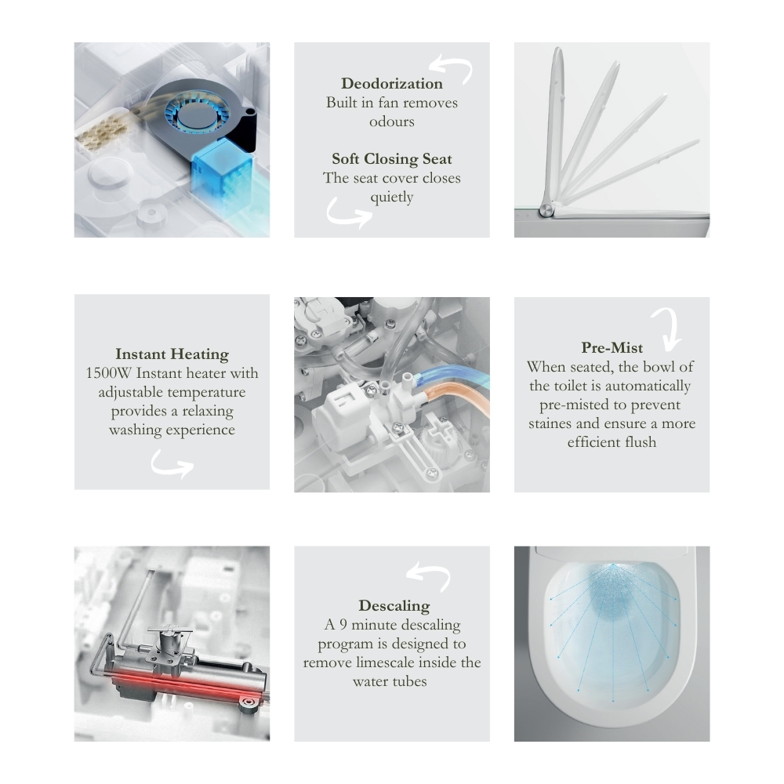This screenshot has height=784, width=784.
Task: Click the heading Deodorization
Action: (391, 84)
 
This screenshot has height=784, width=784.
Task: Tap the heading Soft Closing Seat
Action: (391, 159)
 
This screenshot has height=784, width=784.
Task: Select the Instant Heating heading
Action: (172, 354)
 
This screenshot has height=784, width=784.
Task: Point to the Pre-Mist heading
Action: (612, 347)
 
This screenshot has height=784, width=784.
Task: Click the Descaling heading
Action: (394, 606)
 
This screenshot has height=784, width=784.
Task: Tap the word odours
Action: (391, 122)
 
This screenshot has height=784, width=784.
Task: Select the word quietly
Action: (391, 198)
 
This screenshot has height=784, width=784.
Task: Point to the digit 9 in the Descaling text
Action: (343, 625)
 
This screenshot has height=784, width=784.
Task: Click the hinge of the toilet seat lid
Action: (546, 211)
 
